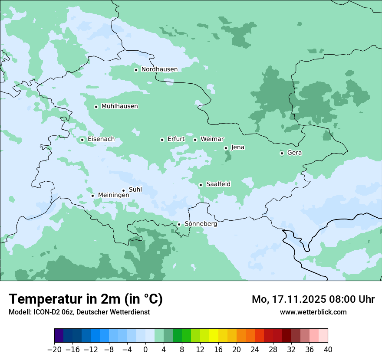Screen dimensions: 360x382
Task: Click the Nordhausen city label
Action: pyautogui.click(x=159, y=69)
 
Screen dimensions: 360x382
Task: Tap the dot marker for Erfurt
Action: pyautogui.click(x=162, y=140)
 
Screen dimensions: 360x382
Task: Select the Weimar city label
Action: pyautogui.click(x=212, y=139)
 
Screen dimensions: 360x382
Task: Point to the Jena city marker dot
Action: pyautogui.click(x=226, y=148)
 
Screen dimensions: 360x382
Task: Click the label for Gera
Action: pyautogui.click(x=294, y=153)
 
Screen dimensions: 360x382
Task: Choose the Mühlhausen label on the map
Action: pyautogui.click(x=119, y=106)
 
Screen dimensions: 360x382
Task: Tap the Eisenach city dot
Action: pyautogui.click(x=82, y=140)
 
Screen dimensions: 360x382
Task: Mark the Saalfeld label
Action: pyautogui.click(x=218, y=184)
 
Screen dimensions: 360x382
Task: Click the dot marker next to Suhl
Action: pyautogui.click(x=123, y=190)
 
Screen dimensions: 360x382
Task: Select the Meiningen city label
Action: pyautogui.click(x=113, y=196)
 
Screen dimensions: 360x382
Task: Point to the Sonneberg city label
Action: pyautogui.click(x=201, y=224)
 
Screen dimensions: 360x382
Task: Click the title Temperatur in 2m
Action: pyautogui.click(x=86, y=299)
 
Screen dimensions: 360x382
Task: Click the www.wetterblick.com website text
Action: pyautogui.click(x=313, y=312)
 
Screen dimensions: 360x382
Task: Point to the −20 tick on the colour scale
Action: pyautogui.click(x=54, y=350)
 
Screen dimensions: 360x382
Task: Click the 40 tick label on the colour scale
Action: pyautogui.click(x=328, y=350)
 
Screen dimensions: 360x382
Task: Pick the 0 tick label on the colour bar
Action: pyautogui.click(x=145, y=350)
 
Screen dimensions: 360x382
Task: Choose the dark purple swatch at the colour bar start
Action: pyautogui.click(x=59, y=336)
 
